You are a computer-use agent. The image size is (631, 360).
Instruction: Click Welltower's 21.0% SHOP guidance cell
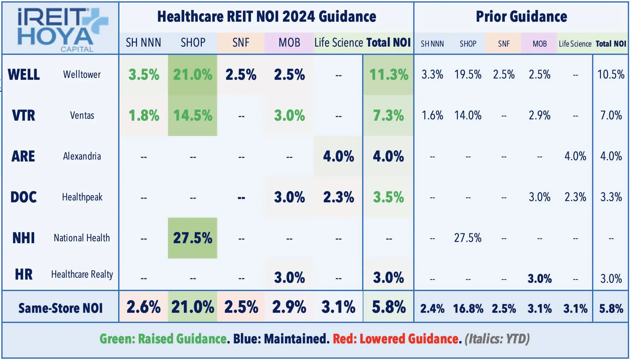(193, 75)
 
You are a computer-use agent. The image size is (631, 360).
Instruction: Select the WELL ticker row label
(24, 75)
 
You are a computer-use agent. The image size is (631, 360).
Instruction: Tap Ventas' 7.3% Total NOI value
(388, 116)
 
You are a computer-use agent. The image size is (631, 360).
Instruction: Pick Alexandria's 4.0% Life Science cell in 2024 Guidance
(338, 156)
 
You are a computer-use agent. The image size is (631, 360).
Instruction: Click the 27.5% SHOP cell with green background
(193, 238)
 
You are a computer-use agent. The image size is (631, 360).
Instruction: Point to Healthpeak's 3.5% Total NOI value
(388, 197)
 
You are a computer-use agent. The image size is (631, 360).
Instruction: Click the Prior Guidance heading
(521, 17)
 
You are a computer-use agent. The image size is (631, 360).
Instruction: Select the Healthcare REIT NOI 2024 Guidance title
(267, 17)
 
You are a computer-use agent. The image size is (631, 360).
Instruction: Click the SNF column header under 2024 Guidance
(241, 42)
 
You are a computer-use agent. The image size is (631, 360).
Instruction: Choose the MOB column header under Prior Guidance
(539, 44)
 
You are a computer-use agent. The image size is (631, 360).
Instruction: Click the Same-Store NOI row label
(61, 308)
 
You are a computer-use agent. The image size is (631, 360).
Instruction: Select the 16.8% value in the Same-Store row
(468, 309)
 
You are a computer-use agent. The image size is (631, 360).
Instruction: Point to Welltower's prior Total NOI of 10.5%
(611, 75)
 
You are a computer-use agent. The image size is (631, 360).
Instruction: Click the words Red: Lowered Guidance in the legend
(395, 339)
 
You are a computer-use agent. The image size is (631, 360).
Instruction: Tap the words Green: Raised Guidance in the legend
(163, 339)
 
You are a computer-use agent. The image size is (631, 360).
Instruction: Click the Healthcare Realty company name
(82, 274)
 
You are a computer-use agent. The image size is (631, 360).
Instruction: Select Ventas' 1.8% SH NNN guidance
(144, 116)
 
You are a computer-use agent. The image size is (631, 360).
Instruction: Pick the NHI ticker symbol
(24, 238)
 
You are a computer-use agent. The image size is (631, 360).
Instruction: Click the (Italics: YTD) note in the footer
(497, 339)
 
